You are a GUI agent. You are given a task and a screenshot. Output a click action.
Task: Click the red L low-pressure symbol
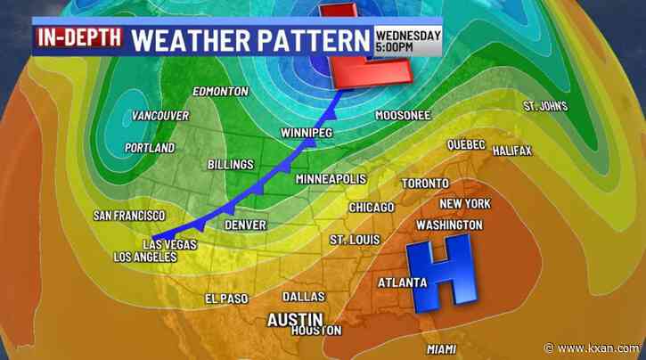click(x=365, y=49)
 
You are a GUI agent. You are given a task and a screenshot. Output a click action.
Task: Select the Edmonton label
click(x=219, y=92)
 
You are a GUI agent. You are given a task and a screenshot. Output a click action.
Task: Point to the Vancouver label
click(x=160, y=117)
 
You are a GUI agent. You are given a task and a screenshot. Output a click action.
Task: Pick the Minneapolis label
click(x=331, y=180)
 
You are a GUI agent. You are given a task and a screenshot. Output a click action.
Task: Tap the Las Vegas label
click(x=169, y=244)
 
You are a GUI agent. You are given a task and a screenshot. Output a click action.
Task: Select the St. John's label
click(x=545, y=106)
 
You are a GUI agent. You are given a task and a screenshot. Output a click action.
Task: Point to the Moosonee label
click(x=404, y=116)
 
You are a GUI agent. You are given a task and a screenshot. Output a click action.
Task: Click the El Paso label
click(x=226, y=299)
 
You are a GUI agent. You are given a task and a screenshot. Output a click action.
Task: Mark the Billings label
click(x=231, y=165)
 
